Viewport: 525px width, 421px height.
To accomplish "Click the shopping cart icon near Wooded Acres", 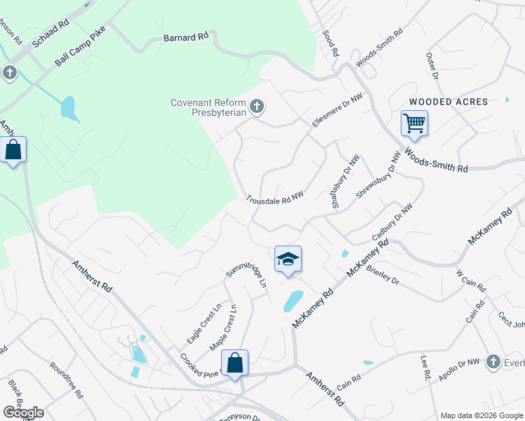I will click(x=414, y=123).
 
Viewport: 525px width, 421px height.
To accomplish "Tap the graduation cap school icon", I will click(x=288, y=258).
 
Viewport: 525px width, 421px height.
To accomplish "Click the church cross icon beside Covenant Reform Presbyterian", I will click(x=258, y=107).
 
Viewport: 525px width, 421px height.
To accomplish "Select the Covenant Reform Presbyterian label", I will click(x=208, y=107).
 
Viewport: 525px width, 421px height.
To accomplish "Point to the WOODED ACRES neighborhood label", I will click(x=448, y=102).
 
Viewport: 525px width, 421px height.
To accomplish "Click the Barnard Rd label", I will click(x=186, y=36).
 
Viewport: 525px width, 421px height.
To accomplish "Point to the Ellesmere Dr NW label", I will click(x=338, y=109).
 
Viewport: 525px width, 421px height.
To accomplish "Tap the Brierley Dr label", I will click(x=383, y=278).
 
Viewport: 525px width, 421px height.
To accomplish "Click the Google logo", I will click(x=23, y=413).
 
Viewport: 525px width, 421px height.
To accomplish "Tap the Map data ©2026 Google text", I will click(x=481, y=415).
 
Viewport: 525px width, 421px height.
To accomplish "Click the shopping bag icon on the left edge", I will click(x=13, y=149).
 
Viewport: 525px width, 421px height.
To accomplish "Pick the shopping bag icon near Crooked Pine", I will click(x=235, y=363).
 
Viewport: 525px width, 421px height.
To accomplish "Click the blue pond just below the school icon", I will click(x=293, y=300).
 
